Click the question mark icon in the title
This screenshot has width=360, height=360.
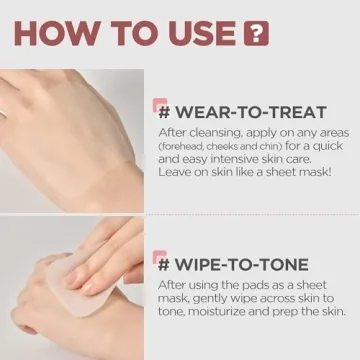(x=258, y=33)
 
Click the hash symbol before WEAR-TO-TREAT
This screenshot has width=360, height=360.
(x=162, y=109)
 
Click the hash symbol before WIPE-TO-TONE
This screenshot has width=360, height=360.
(x=162, y=265)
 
